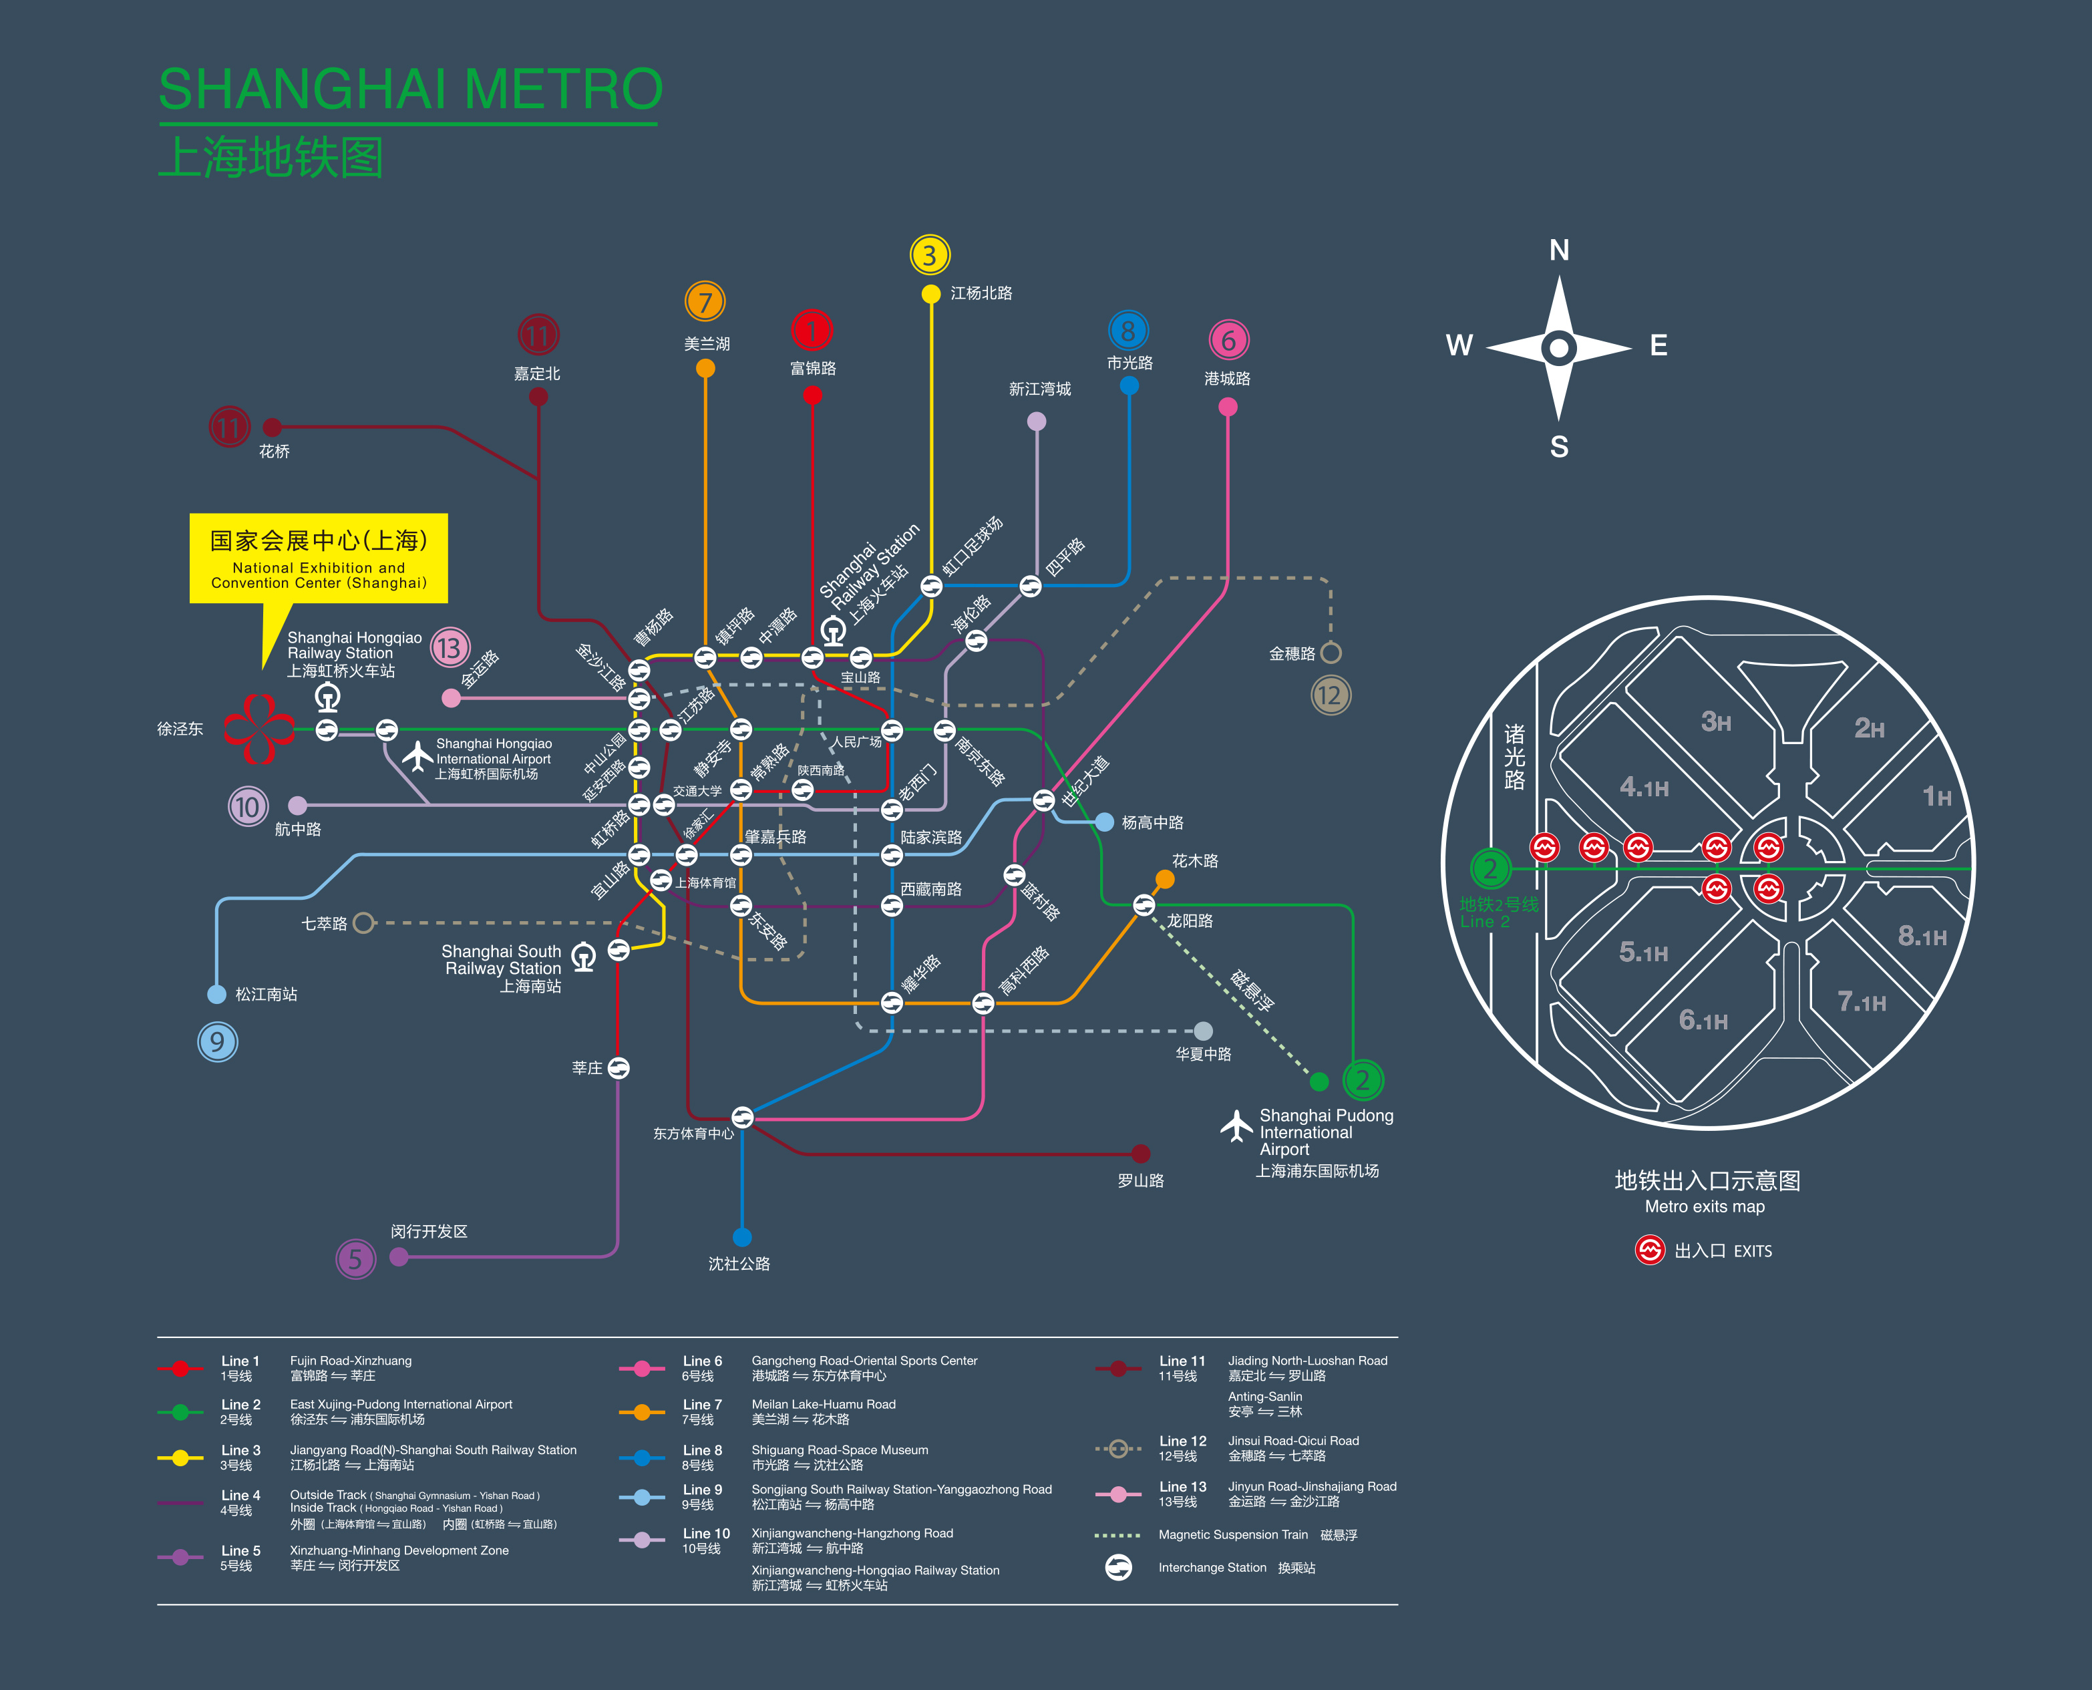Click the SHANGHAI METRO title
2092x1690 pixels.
[x=410, y=89]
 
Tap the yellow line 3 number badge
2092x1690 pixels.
[x=930, y=255]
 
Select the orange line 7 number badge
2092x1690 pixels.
[x=705, y=302]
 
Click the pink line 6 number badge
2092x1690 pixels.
[x=1228, y=341]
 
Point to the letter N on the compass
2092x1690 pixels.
[x=1558, y=250]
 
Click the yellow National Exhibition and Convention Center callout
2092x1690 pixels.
[x=319, y=559]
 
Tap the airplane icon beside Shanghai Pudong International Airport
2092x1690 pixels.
[x=1236, y=1126]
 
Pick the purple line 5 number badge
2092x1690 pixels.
[x=355, y=1258]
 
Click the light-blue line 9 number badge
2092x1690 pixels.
[x=217, y=1041]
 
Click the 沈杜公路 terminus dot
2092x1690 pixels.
[x=742, y=1237]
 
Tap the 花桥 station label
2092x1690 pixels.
[x=275, y=452]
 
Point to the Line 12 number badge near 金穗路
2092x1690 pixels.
[x=1331, y=695]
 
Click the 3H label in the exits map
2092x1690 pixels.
[x=1715, y=721]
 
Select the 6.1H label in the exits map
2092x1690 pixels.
[x=1703, y=1020]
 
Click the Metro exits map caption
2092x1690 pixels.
[x=1705, y=1207]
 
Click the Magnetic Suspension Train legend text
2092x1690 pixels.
[x=1234, y=1535]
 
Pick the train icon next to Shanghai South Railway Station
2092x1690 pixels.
[x=583, y=957]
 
